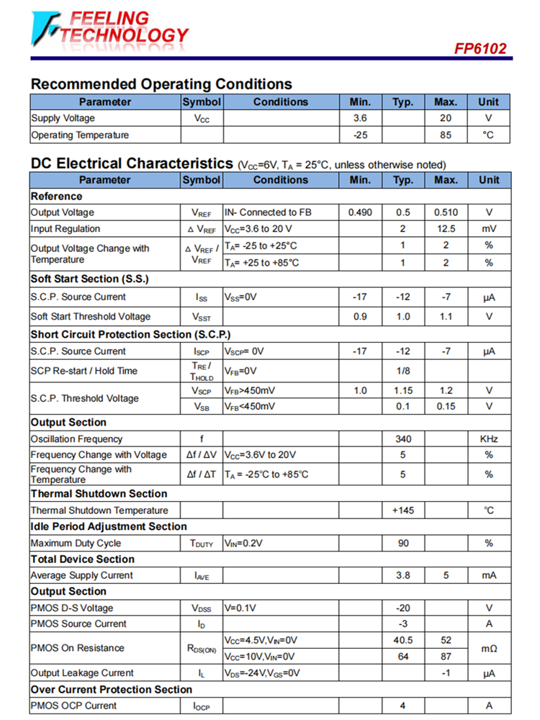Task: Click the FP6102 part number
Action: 480,49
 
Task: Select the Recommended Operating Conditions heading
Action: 161,84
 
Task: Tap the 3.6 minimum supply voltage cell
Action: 360,118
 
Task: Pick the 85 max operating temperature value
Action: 446,135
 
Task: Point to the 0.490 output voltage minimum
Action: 360,212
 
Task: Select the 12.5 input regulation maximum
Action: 446,229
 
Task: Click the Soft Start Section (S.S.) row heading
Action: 89,279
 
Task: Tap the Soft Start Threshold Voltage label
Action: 91,316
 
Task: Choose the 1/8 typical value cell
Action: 403,371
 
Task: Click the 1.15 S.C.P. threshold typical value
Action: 403,390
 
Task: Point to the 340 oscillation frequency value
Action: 403,438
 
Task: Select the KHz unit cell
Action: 489,438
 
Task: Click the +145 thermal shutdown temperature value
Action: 403,510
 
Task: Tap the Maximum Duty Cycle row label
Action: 76,544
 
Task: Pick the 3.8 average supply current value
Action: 403,575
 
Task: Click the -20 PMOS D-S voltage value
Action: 403,608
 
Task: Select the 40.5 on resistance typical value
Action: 403,639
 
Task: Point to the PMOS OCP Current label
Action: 73,706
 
